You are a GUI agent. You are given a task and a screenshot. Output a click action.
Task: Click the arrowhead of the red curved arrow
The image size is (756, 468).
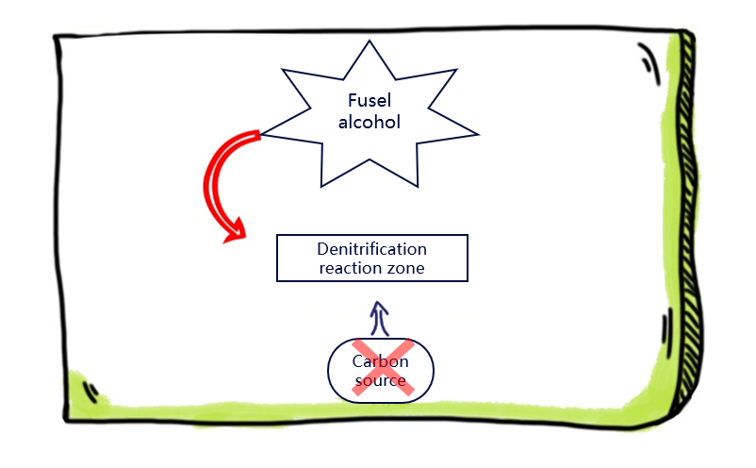click(x=234, y=231)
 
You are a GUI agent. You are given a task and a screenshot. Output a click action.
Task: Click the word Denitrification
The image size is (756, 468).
click(x=371, y=249)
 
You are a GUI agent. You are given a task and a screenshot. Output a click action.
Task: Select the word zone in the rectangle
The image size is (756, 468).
click(x=405, y=268)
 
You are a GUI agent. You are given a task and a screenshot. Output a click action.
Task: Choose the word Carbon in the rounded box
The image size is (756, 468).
click(x=380, y=360)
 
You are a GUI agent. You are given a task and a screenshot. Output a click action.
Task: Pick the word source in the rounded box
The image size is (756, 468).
click(x=380, y=381)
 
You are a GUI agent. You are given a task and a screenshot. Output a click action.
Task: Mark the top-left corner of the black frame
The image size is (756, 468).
click(x=57, y=38)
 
